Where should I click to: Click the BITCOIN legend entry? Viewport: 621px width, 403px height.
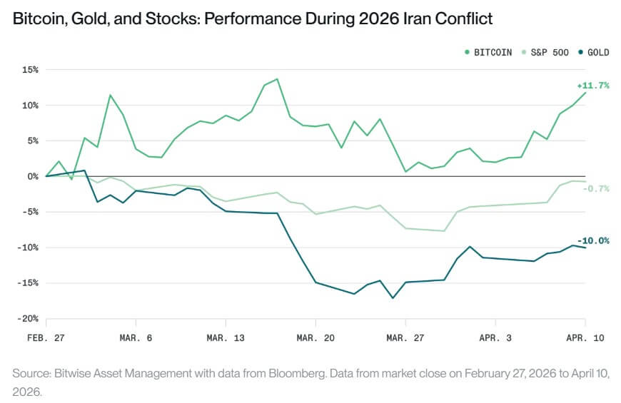(x=492, y=52)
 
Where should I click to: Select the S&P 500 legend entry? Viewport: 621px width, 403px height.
(x=550, y=52)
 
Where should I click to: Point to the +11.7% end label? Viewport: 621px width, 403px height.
(x=593, y=86)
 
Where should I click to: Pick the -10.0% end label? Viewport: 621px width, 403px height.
(x=593, y=241)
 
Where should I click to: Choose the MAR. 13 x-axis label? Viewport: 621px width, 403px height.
(x=226, y=338)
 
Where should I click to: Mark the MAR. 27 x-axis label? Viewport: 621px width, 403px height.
(x=405, y=338)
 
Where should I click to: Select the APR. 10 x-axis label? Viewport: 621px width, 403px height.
(x=585, y=338)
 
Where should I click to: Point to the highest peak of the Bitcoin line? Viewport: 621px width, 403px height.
(x=277, y=79)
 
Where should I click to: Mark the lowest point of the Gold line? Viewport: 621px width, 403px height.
(x=393, y=298)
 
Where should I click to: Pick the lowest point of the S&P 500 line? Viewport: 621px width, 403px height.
(x=444, y=231)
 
